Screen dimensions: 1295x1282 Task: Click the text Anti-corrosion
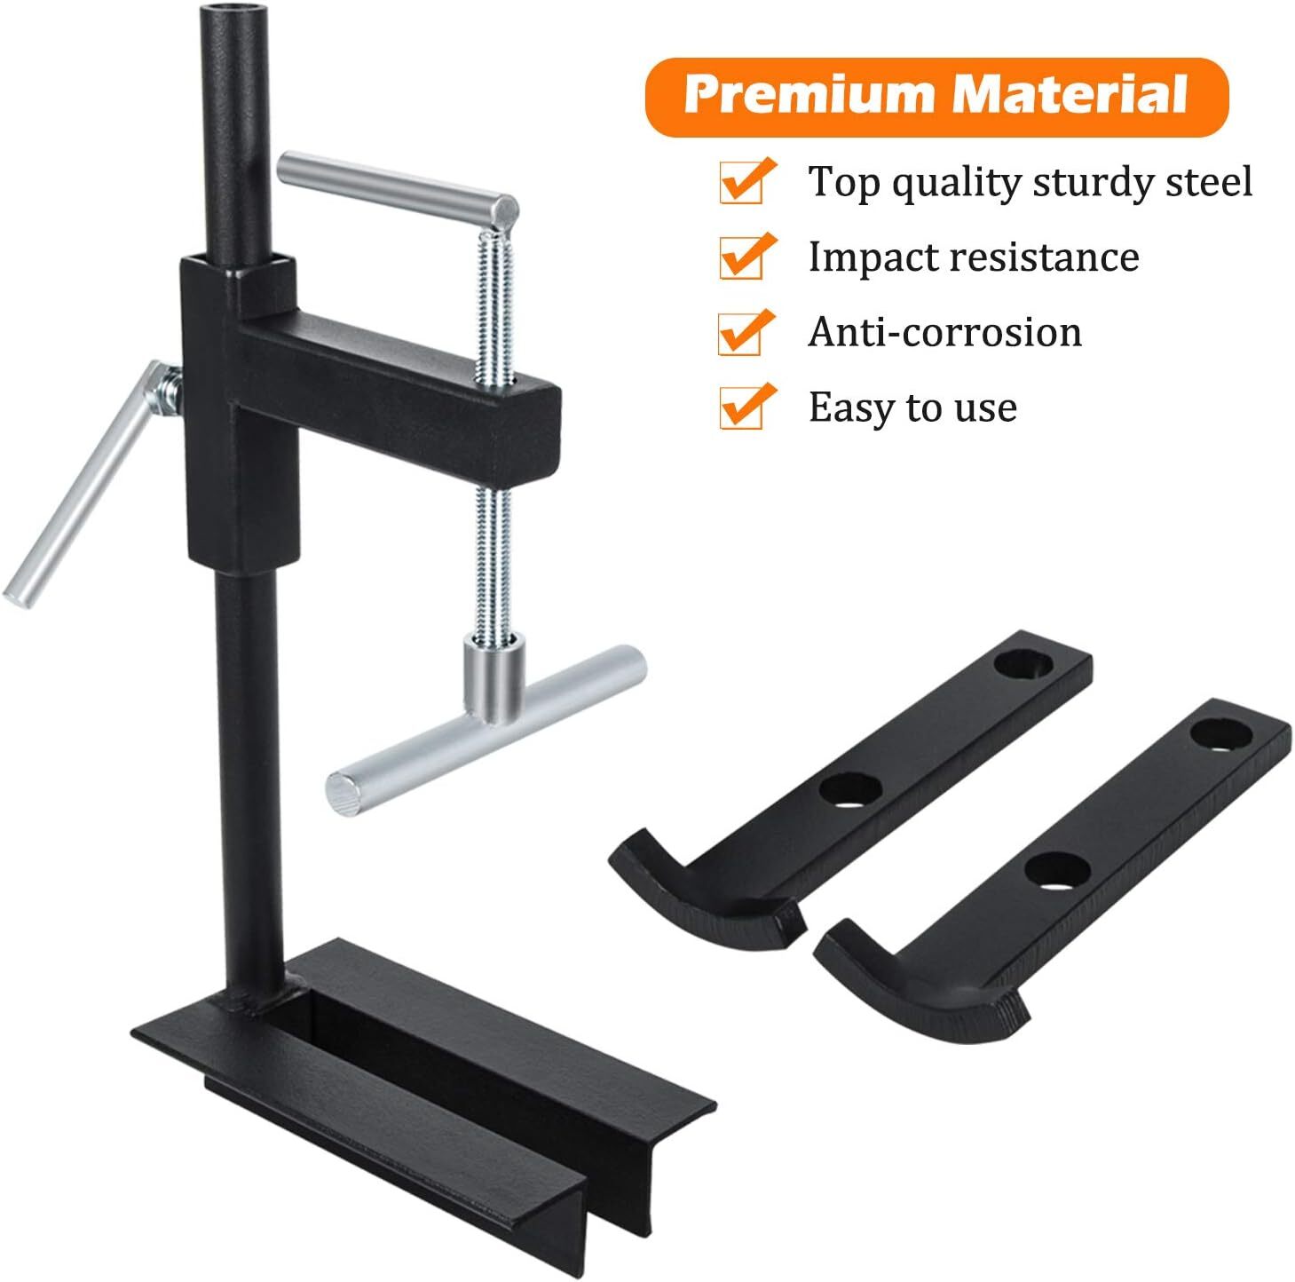(x=945, y=331)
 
